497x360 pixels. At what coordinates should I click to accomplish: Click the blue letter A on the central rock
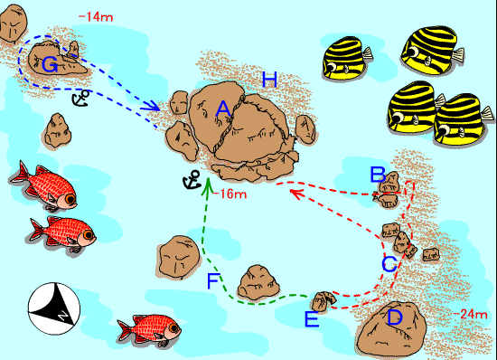pyautogui.click(x=223, y=109)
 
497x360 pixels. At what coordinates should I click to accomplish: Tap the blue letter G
pyautogui.click(x=50, y=65)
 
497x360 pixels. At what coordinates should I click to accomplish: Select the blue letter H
pyautogui.click(x=270, y=80)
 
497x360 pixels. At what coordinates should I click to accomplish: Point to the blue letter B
pyautogui.click(x=378, y=175)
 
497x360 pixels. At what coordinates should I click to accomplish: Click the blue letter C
pyautogui.click(x=389, y=264)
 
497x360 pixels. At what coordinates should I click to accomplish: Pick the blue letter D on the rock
pyautogui.click(x=395, y=317)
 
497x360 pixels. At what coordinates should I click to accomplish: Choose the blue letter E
pyautogui.click(x=312, y=319)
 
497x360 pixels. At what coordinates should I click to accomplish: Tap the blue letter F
pyautogui.click(x=213, y=281)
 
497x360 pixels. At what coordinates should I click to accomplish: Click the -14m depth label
pyautogui.click(x=96, y=17)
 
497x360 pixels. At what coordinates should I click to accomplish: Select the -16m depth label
pyautogui.click(x=230, y=194)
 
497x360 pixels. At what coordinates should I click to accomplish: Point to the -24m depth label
pyautogui.click(x=471, y=315)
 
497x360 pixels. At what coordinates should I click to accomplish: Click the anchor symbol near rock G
pyautogui.click(x=80, y=98)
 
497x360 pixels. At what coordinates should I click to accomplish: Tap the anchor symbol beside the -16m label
pyautogui.click(x=192, y=180)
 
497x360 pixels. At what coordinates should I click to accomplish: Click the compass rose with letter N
pyautogui.click(x=54, y=308)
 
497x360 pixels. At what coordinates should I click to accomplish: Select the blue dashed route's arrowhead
pyautogui.click(x=152, y=105)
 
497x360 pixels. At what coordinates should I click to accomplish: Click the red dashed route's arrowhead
pyautogui.click(x=296, y=193)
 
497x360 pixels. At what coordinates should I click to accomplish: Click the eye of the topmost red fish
pyautogui.click(x=70, y=199)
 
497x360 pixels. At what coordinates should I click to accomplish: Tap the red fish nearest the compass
pyautogui.click(x=62, y=233)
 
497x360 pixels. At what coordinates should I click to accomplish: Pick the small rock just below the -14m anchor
pyautogui.click(x=57, y=130)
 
